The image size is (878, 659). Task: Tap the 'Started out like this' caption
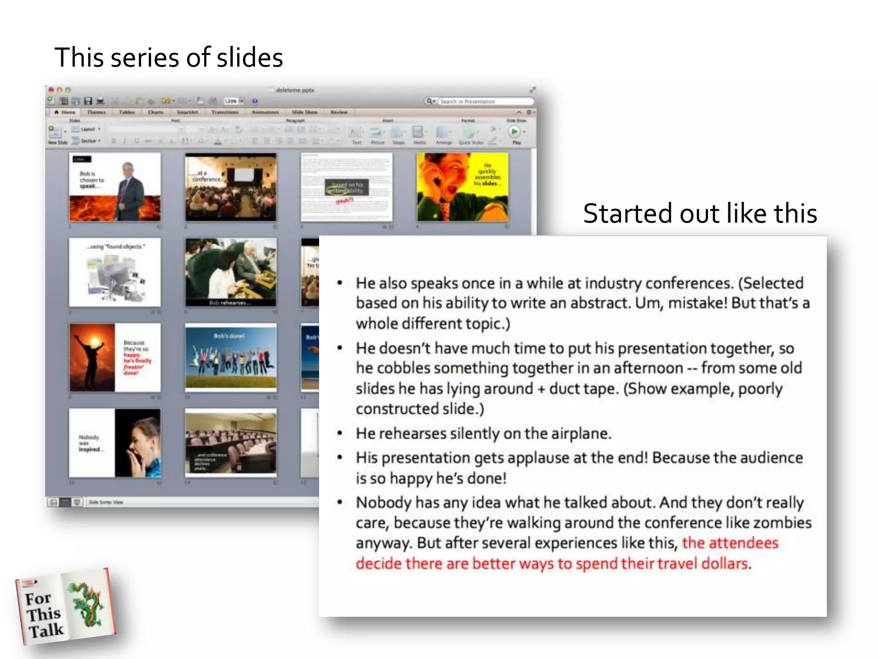pyautogui.click(x=700, y=214)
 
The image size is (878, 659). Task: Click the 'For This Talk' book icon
pyautogui.click(x=65, y=608)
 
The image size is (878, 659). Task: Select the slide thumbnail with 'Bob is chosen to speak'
pyautogui.click(x=115, y=187)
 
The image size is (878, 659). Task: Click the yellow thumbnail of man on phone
pyautogui.click(x=462, y=187)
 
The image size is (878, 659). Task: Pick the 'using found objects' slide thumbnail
pyautogui.click(x=115, y=272)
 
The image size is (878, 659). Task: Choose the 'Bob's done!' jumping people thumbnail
pyautogui.click(x=231, y=357)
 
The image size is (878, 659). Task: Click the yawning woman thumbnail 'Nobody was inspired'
pyautogui.click(x=115, y=443)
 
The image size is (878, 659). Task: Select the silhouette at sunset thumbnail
pyautogui.click(x=115, y=357)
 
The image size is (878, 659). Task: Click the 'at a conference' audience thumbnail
pyautogui.click(x=231, y=187)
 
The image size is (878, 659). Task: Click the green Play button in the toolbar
pyautogui.click(x=515, y=132)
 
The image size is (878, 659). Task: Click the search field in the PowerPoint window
pyautogui.click(x=484, y=102)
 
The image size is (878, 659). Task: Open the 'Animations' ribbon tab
pyautogui.click(x=265, y=112)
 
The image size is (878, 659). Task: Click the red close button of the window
pyautogui.click(x=51, y=90)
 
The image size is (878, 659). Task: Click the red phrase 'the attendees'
pyautogui.click(x=730, y=543)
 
